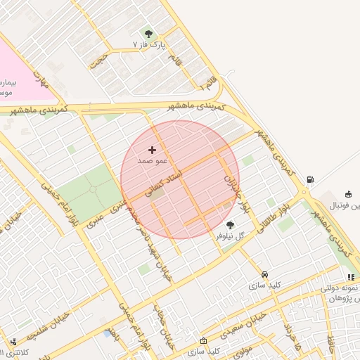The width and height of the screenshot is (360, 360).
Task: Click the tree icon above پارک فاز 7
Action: pyautogui.click(x=148, y=33)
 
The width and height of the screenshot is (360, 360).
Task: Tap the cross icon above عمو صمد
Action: pyautogui.click(x=152, y=150)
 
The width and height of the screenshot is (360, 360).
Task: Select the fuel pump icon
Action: pyautogui.click(x=311, y=180)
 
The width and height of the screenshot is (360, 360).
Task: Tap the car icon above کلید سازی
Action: pyautogui.click(x=264, y=274)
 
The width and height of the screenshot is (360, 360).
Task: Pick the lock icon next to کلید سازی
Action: pyautogui.click(x=204, y=340)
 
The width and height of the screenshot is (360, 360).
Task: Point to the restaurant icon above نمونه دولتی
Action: pyautogui.click(x=351, y=278)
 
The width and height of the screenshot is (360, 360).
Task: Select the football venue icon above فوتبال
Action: pyautogui.click(x=348, y=194)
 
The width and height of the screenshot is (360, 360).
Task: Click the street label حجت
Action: pyautogui.click(x=98, y=59)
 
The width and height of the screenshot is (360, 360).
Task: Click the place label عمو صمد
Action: pyautogui.click(x=152, y=160)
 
